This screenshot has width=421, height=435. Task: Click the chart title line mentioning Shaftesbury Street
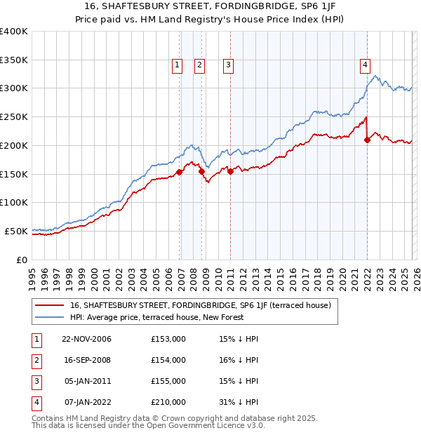click(x=210, y=8)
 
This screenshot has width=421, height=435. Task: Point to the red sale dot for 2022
click(x=367, y=140)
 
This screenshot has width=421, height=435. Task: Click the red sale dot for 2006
click(x=180, y=172)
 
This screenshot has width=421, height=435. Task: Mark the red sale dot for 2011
click(x=230, y=170)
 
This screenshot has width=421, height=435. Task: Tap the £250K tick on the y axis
click(x=14, y=117)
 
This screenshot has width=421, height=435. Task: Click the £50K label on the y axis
click(x=16, y=231)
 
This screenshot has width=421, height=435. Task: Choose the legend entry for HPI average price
click(x=156, y=318)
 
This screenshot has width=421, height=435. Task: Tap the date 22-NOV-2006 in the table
click(x=87, y=339)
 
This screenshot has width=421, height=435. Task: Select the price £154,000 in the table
click(x=168, y=360)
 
